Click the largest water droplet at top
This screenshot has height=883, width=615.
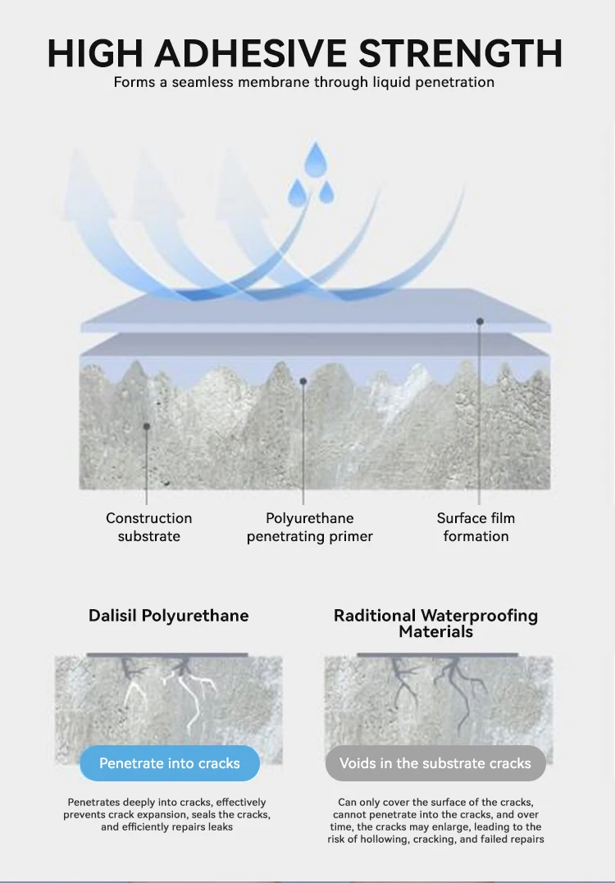pyautogui.click(x=315, y=162)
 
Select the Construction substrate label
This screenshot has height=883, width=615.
pyautogui.click(x=148, y=527)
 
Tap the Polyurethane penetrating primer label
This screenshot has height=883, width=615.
pyautogui.click(x=309, y=527)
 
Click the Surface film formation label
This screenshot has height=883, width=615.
pyautogui.click(x=476, y=527)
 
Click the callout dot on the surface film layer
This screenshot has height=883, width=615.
pyautogui.click(x=480, y=321)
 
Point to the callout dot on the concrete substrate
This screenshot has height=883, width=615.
pyautogui.click(x=147, y=426)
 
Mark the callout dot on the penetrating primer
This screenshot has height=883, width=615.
pyautogui.click(x=303, y=380)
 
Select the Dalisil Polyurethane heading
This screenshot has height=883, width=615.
pyautogui.click(x=168, y=615)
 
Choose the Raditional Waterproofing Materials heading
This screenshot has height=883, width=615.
pyautogui.click(x=435, y=623)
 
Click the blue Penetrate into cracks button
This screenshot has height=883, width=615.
pyautogui.click(x=170, y=763)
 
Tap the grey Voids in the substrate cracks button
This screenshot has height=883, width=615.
pyautogui.click(x=435, y=763)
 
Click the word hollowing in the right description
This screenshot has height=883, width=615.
pyautogui.click(x=380, y=839)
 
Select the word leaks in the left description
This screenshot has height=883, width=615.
pyautogui.click(x=219, y=827)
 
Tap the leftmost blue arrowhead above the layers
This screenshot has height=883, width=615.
pyautogui.click(x=86, y=176)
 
